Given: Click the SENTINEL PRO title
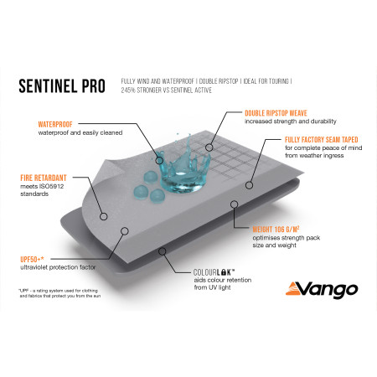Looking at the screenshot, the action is pos(62,85).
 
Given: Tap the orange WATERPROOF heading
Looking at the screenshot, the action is pos(55,124).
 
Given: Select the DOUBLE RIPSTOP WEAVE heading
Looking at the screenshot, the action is pos(276,113).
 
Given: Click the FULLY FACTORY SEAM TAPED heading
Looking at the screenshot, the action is pos(322,140).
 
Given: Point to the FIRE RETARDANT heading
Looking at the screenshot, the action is pos(44,178).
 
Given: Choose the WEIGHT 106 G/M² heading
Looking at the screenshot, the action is pos(276,230).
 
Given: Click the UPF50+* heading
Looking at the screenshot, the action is pos(32,259).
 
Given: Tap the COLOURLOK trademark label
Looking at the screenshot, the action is pos(214,272).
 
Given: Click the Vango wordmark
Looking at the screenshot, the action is pos(329,289).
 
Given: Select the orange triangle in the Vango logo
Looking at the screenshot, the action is pos(292,290).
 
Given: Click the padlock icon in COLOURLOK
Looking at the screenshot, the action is pos(223,272).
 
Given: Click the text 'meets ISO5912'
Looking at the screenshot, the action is pos(42,186).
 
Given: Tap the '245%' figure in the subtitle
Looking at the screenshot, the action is pos(127,90).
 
